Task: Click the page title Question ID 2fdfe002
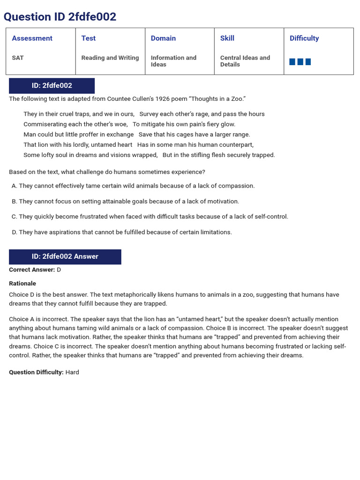point(60,17)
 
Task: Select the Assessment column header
point(32,38)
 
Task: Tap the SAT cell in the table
point(18,58)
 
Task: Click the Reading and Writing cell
point(110,58)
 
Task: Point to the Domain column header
point(163,38)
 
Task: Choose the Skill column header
point(227,38)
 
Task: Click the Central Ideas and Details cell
point(245,61)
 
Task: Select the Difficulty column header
point(304,38)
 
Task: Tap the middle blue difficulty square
point(300,62)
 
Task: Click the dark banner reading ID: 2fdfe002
point(52,86)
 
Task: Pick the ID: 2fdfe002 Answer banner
point(65,256)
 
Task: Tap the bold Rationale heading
point(22,284)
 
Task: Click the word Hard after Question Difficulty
point(72,372)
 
